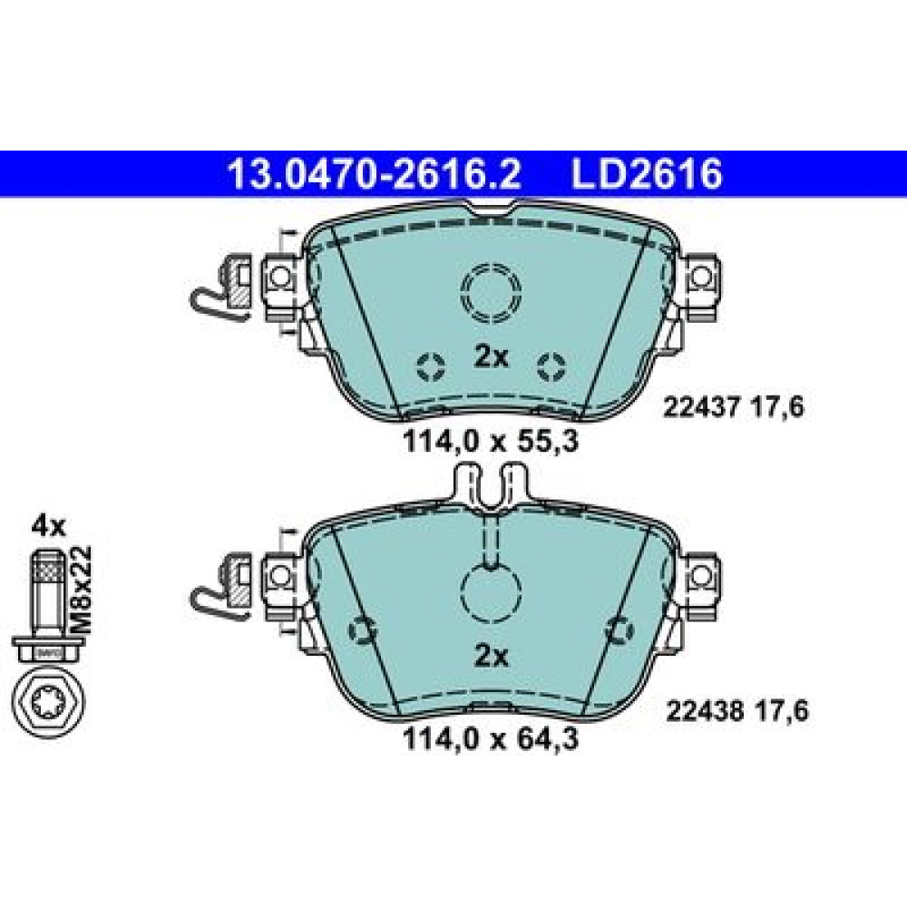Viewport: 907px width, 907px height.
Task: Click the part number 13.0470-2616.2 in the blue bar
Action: tap(375, 174)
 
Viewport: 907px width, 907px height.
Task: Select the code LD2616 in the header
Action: tap(647, 174)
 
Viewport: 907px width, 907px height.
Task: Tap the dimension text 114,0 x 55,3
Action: tap(491, 444)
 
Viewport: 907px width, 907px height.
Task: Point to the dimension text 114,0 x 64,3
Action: tap(491, 740)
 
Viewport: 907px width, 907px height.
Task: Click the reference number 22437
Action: tap(701, 408)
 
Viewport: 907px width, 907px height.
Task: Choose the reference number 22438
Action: tap(705, 711)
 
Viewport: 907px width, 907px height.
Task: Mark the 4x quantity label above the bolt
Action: tap(49, 526)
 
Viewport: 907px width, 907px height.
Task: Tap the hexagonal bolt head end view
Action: tap(48, 702)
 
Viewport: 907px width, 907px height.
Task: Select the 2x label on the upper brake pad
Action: tap(491, 357)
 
